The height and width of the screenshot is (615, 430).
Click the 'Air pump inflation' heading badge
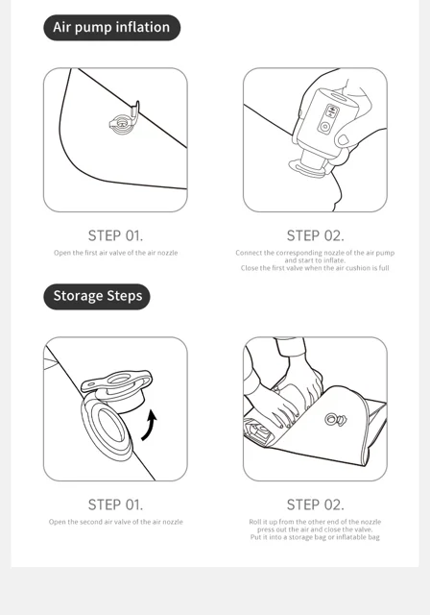pyautogui.click(x=111, y=28)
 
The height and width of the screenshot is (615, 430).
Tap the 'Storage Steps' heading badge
pyautogui.click(x=97, y=297)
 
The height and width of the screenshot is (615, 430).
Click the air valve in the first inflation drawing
pyautogui.click(x=124, y=118)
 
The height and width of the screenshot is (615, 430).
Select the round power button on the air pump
pyautogui.click(x=324, y=127)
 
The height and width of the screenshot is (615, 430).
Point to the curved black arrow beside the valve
pyautogui.click(x=150, y=425)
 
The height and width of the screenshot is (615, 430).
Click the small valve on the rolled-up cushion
pyautogui.click(x=335, y=419)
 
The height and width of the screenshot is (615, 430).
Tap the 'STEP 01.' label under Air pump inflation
pyautogui.click(x=115, y=235)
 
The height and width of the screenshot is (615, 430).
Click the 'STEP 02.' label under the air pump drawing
pyautogui.click(x=315, y=235)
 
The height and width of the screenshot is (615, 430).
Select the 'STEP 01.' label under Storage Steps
pyautogui.click(x=115, y=504)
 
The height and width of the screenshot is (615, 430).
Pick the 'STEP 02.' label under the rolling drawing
pyautogui.click(x=315, y=504)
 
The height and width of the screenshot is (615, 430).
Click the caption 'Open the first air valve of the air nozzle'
pyautogui.click(x=115, y=253)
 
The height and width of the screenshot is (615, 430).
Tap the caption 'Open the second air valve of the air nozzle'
pyautogui.click(x=115, y=522)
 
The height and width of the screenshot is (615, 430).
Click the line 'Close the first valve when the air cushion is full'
pyautogui.click(x=315, y=268)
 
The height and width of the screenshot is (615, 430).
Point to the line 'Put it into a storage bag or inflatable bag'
pyautogui.click(x=315, y=537)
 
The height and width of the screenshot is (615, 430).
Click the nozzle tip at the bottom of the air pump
pyautogui.click(x=307, y=169)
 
